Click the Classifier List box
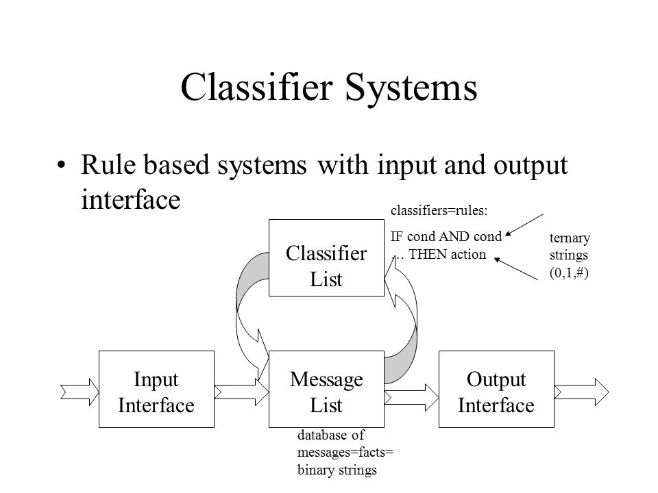point(326,258)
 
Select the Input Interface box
point(156,390)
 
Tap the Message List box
point(326,390)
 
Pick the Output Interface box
point(496,390)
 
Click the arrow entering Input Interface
point(80,392)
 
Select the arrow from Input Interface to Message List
point(242,392)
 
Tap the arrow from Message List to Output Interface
point(412,397)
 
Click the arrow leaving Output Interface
point(582,392)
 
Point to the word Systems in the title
point(411,88)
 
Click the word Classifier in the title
point(257,87)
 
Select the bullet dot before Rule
point(62,165)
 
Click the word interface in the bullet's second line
point(130,199)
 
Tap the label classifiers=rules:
point(439,210)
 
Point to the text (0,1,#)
point(569,273)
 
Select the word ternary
point(570,238)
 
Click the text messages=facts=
point(345,453)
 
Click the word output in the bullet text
point(531,166)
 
